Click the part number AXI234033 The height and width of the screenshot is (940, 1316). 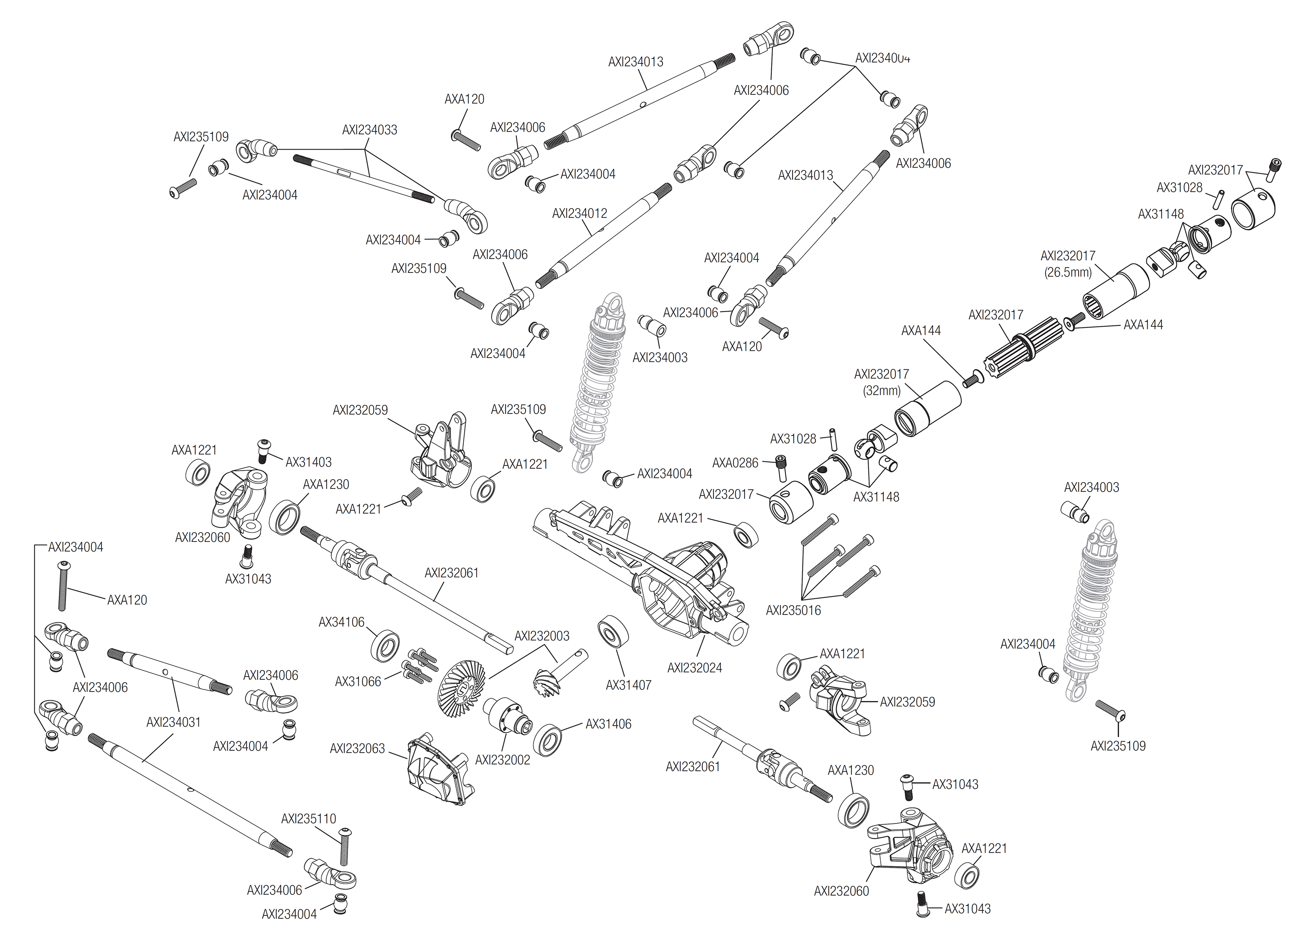pyautogui.click(x=369, y=130)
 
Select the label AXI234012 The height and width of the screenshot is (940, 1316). pyautogui.click(x=579, y=213)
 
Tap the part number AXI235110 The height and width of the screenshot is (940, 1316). pyautogui.click(x=308, y=818)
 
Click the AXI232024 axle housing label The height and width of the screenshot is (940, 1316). pyautogui.click(x=694, y=667)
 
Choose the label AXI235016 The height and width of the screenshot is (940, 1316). pyautogui.click(x=793, y=610)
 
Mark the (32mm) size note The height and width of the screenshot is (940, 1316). pyautogui.click(x=882, y=391)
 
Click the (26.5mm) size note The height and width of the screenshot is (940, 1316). pyautogui.click(x=1068, y=272)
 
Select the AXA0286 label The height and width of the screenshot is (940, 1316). pyautogui.click(x=735, y=462)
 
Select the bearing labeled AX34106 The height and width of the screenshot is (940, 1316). pyautogui.click(x=385, y=645)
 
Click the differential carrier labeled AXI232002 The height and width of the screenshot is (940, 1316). pyautogui.click(x=508, y=717)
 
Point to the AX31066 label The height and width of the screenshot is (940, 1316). pyautogui.click(x=358, y=681)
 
